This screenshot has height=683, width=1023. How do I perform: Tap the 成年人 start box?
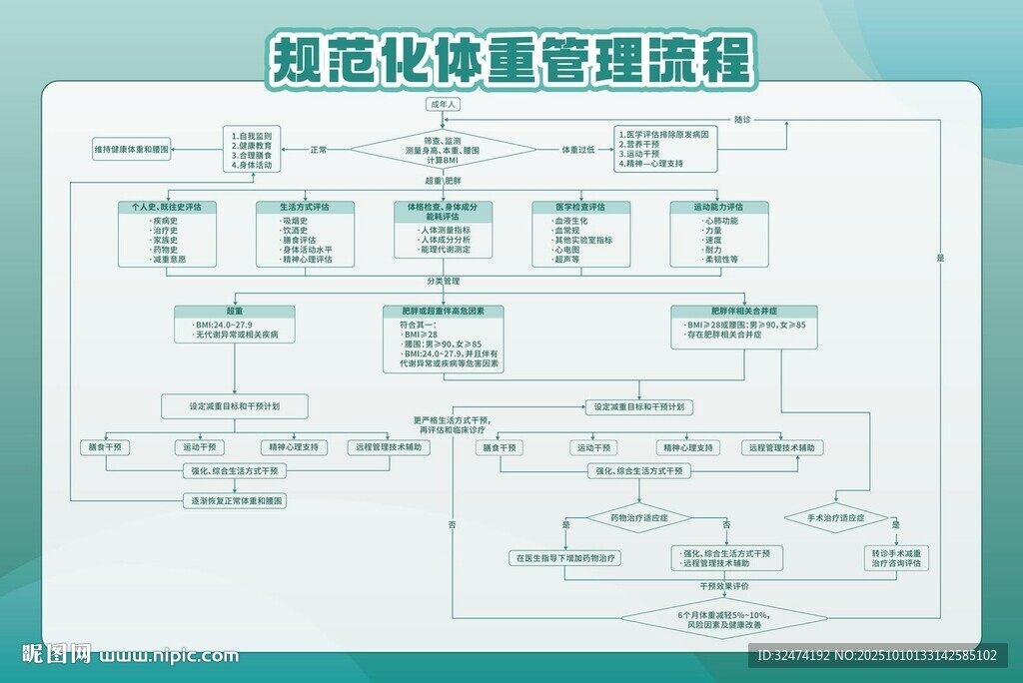click(443, 104)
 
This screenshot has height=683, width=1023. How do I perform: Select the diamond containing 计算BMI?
click(443, 150)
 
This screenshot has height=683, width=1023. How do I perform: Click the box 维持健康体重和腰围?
click(132, 150)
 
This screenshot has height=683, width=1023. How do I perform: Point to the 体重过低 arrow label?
click(577, 150)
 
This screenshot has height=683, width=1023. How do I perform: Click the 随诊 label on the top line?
click(742, 120)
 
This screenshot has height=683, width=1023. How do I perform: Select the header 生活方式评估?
click(305, 207)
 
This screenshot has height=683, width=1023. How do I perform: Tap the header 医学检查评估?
click(580, 207)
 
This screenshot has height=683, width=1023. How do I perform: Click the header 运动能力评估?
click(719, 207)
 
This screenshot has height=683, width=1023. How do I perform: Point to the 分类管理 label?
click(443, 282)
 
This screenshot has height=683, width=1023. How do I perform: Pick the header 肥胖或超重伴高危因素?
click(443, 312)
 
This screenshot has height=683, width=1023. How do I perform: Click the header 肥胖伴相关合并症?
click(743, 312)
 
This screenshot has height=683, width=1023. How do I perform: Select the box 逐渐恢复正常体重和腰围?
click(235, 499)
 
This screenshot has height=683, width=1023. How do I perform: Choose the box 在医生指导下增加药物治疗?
click(565, 558)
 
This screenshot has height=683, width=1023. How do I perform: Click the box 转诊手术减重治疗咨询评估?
click(896, 558)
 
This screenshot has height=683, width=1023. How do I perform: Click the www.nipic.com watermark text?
click(170, 655)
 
